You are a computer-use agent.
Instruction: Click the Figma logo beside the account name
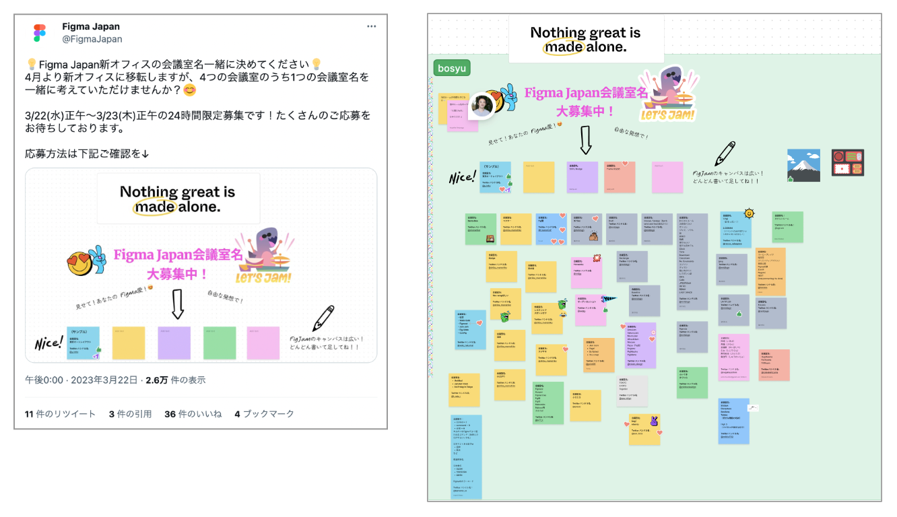(x=39, y=33)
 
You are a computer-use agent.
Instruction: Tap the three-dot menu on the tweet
(x=372, y=26)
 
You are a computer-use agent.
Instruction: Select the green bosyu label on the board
(x=452, y=68)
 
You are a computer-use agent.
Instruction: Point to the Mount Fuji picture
(x=803, y=166)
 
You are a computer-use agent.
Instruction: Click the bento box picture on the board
(x=847, y=163)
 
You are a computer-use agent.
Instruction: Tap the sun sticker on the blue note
(x=749, y=214)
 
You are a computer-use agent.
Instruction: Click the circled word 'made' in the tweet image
(x=154, y=207)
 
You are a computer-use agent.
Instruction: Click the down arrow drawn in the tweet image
(x=177, y=304)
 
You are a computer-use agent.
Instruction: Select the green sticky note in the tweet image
(x=220, y=343)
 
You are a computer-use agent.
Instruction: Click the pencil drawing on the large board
(x=726, y=153)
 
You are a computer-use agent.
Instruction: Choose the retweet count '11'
(x=30, y=414)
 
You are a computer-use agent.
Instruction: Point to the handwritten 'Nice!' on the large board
(x=463, y=178)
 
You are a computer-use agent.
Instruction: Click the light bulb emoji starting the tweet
(x=31, y=65)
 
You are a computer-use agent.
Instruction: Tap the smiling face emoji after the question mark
(x=190, y=90)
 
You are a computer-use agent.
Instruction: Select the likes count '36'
(x=170, y=414)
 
